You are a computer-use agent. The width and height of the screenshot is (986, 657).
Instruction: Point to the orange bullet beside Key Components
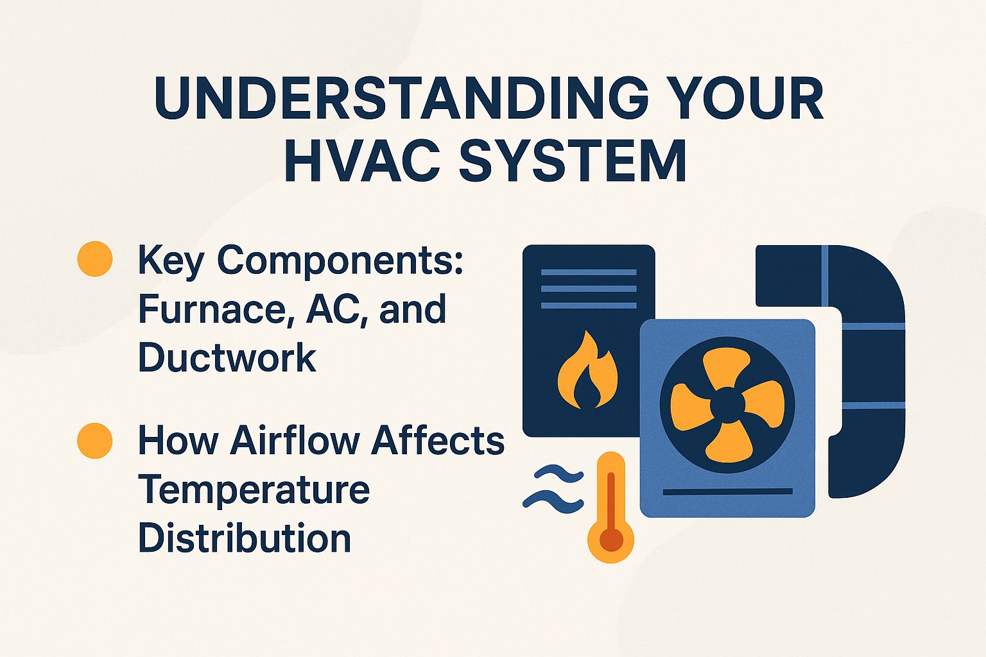(x=95, y=259)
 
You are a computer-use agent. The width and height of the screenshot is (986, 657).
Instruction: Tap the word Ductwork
(x=227, y=357)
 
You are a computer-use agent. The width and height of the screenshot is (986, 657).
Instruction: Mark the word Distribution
(x=245, y=538)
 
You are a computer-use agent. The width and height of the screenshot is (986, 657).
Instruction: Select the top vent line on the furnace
(x=589, y=272)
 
